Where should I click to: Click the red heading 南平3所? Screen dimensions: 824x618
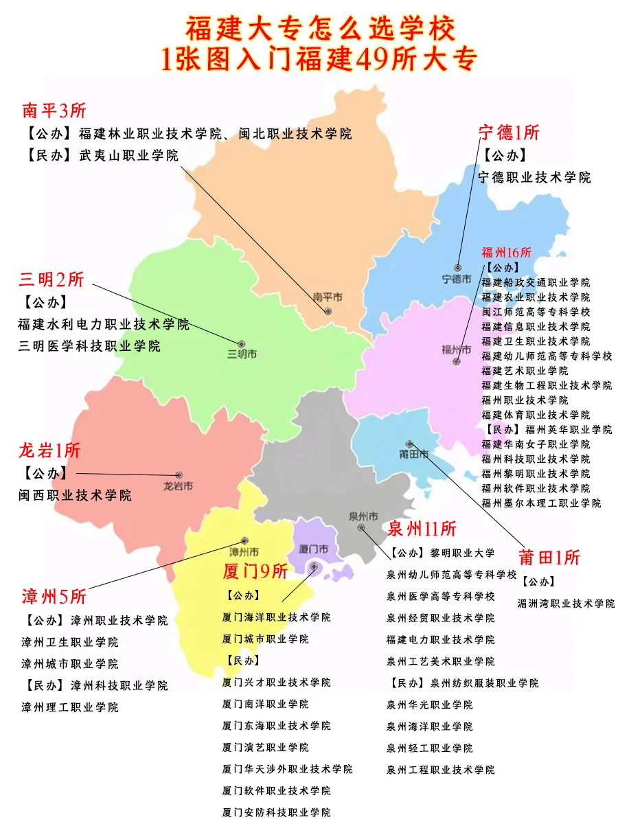pos(54,110)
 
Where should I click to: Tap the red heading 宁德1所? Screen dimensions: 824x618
pos(509,132)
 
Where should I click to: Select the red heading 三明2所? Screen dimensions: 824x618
pos(51,279)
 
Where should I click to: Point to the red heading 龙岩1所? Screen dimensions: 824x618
pos(49,450)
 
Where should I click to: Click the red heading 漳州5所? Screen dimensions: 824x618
pos(54,596)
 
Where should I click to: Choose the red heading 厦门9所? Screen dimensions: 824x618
pos(255,571)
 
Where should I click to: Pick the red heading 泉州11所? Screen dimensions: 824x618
pos(422,529)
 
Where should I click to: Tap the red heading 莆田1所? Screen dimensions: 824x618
pos(549,557)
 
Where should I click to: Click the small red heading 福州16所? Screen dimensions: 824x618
pos(507,252)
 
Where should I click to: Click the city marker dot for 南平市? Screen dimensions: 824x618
pos(328,311)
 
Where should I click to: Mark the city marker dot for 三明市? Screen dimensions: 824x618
pos(242,343)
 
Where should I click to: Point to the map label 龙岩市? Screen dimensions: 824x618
pos(178,486)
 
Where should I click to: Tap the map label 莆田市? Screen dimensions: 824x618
pos(414,455)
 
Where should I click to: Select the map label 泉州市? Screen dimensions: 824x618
pos(363,516)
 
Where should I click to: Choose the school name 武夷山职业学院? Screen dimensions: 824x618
pos(128,156)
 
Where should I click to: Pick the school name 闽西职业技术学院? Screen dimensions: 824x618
pos(75,495)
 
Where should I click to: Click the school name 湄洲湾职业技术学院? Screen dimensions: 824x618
pos(566,604)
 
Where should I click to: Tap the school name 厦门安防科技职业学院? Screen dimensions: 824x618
pos(276,812)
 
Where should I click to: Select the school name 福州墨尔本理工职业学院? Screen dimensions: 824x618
pos(541,503)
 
